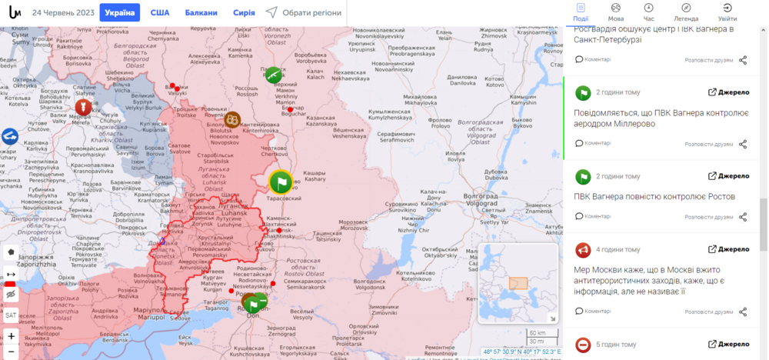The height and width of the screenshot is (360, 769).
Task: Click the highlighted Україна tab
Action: tap(119, 12)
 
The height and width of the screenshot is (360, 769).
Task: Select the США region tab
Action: tap(160, 12)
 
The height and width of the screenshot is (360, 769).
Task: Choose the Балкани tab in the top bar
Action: tap(200, 12)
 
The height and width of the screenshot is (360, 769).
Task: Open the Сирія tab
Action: tap(244, 12)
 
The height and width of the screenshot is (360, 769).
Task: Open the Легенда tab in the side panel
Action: tap(686, 12)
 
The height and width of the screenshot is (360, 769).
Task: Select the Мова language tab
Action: tap(615, 12)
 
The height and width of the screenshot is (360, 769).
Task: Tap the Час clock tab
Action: tap(648, 12)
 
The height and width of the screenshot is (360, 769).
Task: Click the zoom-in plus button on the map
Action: tap(11, 336)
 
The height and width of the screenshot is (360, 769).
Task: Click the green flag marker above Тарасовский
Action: tap(281, 182)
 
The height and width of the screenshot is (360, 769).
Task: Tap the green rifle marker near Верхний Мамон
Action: tap(273, 75)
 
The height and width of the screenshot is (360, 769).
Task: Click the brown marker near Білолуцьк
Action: tap(232, 119)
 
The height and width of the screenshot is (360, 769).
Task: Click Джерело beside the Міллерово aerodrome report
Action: tap(728, 92)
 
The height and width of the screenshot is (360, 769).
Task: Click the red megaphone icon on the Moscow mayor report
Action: tap(582, 249)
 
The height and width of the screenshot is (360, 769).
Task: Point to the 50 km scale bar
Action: tap(537, 333)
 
